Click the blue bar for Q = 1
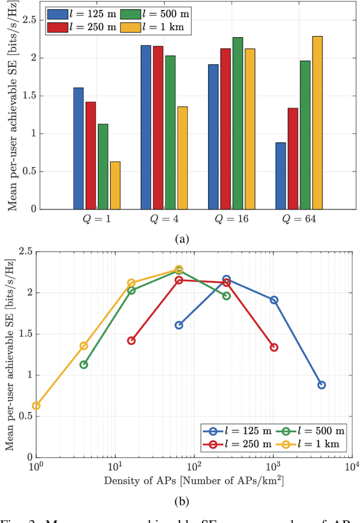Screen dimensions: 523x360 [79, 148]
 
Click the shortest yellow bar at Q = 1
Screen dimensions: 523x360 [115, 185]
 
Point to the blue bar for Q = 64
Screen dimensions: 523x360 [281, 175]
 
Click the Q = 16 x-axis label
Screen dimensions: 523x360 [232, 219]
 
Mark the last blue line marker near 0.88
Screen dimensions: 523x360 [322, 385]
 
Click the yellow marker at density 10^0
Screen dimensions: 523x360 [37, 405]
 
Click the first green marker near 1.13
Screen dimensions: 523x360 [84, 364]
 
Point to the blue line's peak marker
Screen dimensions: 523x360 [226, 279]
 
